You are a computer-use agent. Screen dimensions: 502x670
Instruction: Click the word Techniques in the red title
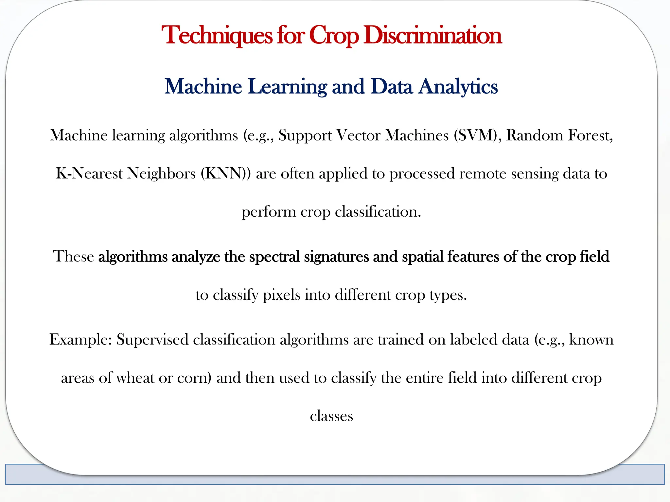tap(217, 35)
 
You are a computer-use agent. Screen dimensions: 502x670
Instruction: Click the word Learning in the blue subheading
tap(287, 87)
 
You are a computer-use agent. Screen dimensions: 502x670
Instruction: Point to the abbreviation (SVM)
tap(478, 135)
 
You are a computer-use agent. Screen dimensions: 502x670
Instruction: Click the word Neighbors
tap(161, 174)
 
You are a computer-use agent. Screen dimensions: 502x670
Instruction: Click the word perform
tap(269, 212)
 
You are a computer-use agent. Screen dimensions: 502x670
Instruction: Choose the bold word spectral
tap(274, 257)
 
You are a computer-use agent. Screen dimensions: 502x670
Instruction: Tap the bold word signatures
tap(336, 257)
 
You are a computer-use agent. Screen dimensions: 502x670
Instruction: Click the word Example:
tap(81, 340)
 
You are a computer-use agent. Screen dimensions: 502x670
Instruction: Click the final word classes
tap(331, 416)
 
